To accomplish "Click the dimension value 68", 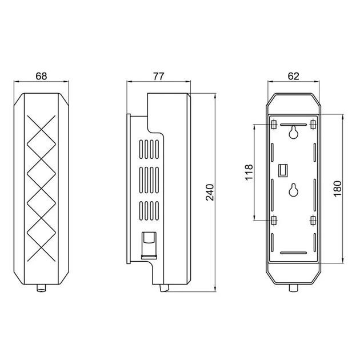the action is (41, 76).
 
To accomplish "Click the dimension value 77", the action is (159, 76).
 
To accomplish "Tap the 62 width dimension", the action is (293, 76).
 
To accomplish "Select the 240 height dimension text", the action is (210, 193).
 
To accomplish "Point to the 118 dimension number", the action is (249, 173).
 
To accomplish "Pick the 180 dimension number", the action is (338, 189).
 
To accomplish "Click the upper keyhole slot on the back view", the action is (293, 132).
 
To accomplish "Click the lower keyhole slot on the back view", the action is (293, 190).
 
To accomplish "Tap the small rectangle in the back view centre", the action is (283, 170).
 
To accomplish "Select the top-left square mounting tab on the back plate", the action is (274, 125).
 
